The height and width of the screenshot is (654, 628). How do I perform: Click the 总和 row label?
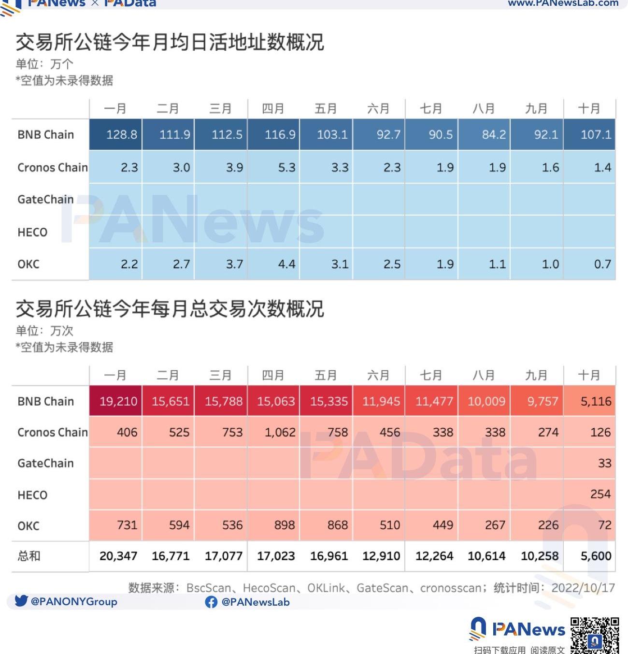[29, 556]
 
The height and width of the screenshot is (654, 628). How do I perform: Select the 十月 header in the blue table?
[589, 109]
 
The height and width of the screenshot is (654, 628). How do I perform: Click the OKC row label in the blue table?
[29, 264]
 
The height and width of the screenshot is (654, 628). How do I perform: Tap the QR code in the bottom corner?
[595, 635]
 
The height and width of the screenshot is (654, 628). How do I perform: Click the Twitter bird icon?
[21, 601]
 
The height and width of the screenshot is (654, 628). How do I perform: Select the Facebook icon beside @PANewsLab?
[211, 602]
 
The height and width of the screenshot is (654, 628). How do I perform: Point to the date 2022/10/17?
[583, 588]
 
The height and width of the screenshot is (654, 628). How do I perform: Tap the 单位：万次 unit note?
[44, 331]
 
